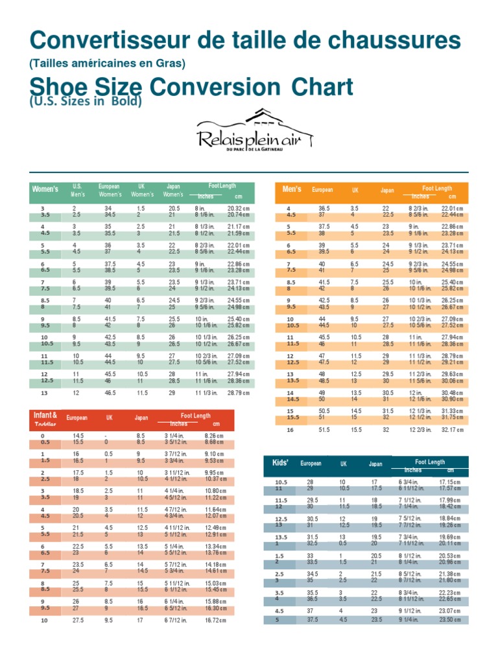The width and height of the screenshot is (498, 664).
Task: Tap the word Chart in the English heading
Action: (322, 87)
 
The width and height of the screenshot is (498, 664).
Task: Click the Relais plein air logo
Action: (254, 132)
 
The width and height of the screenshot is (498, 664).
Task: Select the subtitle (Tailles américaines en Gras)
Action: (107, 64)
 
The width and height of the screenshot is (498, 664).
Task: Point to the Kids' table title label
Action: (280, 463)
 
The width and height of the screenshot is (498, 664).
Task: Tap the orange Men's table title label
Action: (292, 189)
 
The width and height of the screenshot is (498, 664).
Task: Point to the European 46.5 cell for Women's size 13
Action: (109, 393)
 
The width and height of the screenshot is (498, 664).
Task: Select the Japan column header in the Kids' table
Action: (375, 464)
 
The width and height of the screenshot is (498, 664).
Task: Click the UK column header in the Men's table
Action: (355, 191)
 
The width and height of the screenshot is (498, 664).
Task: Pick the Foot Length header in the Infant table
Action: (195, 416)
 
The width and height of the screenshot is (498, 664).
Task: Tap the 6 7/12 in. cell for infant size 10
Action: (178, 621)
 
